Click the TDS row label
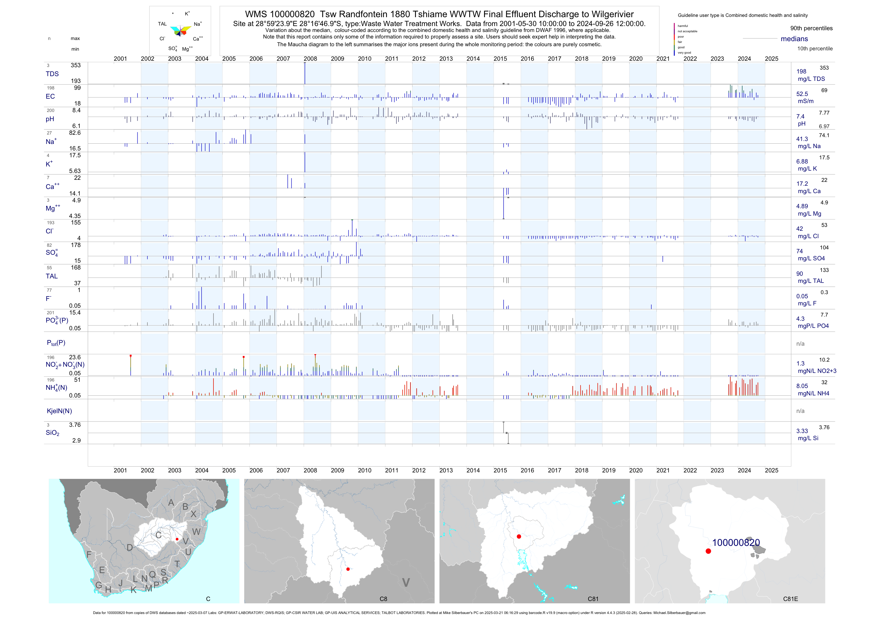point(52,74)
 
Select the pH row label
point(50,119)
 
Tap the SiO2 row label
point(52,433)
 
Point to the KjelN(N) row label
point(59,411)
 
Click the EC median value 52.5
point(802,94)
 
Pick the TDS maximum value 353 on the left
point(75,65)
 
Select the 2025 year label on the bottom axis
point(772,470)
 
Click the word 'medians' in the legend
point(794,39)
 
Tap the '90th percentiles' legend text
point(811,28)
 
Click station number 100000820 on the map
point(736,543)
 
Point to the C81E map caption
point(790,599)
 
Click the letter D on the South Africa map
point(130,548)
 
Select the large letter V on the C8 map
point(406,583)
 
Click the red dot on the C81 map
point(519,537)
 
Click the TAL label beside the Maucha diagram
point(162,24)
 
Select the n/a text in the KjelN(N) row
point(800,411)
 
